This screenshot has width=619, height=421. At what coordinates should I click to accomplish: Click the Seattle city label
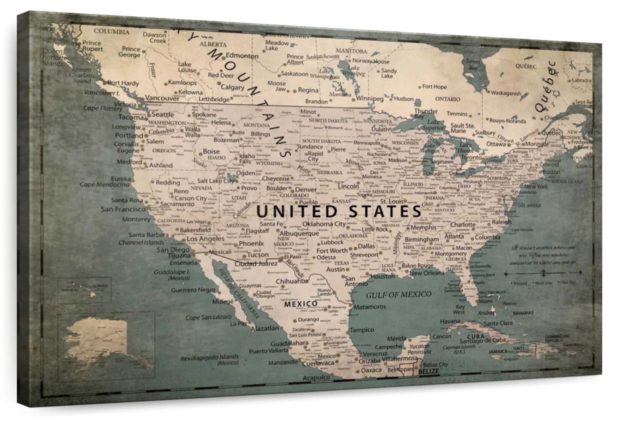point(163,115)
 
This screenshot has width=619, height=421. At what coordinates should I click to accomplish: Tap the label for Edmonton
point(242,56)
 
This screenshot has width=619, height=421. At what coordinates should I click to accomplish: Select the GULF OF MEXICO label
point(398,294)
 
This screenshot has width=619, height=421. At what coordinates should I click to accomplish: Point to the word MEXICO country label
point(301,304)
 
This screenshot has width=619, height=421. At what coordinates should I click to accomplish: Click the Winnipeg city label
point(370,99)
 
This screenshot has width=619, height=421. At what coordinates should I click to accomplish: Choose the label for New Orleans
point(427,273)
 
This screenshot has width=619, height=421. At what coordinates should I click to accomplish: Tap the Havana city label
point(450,321)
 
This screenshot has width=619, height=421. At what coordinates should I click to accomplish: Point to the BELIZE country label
point(428,371)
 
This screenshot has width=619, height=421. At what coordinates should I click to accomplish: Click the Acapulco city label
point(316,378)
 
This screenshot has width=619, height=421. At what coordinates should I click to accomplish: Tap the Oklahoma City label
point(324,224)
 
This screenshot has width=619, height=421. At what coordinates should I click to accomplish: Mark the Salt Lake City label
point(215,181)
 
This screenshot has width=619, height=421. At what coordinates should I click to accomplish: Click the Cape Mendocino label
point(104,184)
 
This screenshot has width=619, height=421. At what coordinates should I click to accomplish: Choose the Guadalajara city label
point(289,343)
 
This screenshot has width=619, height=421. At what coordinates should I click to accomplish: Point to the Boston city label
point(551,172)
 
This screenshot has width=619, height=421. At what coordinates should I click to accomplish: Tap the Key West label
point(459,309)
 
